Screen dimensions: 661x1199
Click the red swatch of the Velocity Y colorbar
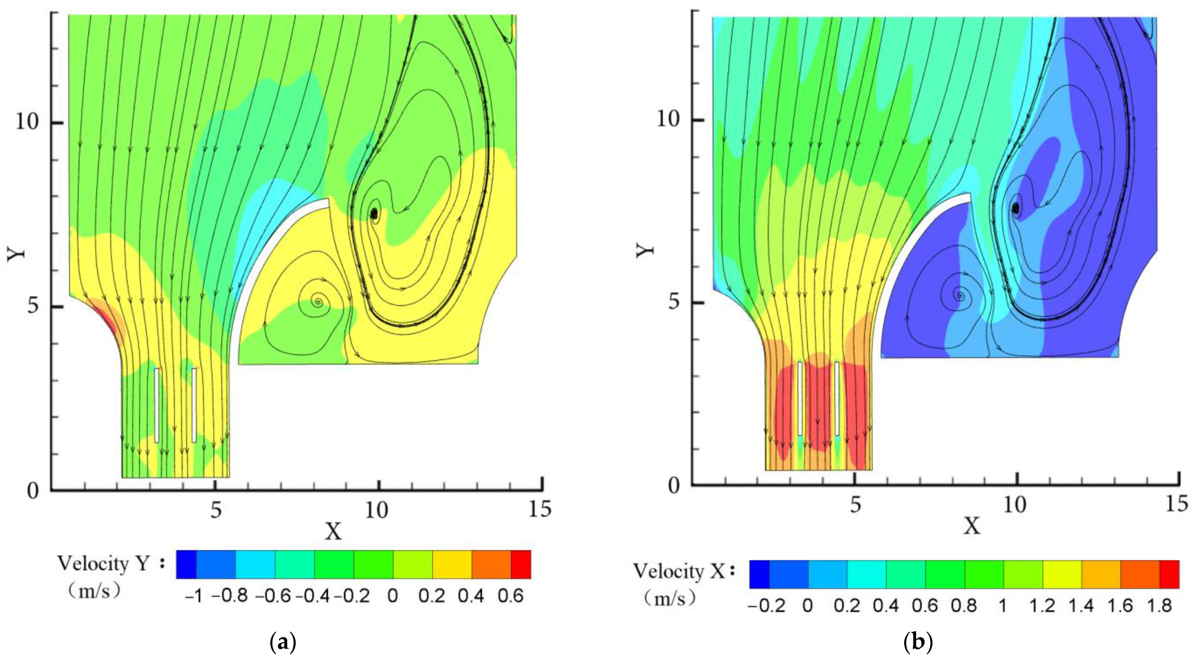[x=521, y=564]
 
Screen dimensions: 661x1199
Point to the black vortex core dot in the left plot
[x=374, y=214]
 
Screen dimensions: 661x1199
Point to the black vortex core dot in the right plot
[x=1016, y=208]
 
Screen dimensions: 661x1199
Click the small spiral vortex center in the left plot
[x=318, y=302]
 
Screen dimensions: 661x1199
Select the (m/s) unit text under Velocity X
[x=670, y=598]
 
